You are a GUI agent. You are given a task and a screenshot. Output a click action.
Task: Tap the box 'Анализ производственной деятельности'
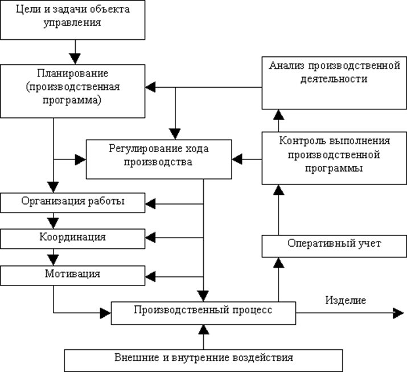click(x=334, y=83)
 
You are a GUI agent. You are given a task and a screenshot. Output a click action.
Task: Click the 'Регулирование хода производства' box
click(x=158, y=158)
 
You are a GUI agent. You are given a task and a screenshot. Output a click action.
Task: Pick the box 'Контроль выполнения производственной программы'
click(x=334, y=157)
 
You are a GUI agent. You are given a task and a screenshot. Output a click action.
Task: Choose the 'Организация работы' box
click(x=72, y=201)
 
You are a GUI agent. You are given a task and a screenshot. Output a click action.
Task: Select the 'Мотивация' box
click(x=72, y=275)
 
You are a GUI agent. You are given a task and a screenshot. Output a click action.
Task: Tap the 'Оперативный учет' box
click(x=334, y=245)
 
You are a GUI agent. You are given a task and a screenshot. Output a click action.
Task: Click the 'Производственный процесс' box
click(x=203, y=312)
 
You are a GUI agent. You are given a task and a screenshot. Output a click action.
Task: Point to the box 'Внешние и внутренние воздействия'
click(x=203, y=359)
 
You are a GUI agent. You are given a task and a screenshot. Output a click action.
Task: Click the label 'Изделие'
click(x=345, y=300)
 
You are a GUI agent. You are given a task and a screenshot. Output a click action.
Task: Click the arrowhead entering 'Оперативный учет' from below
click(x=278, y=262)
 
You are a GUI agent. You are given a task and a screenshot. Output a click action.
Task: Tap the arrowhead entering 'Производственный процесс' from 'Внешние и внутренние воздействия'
click(x=203, y=329)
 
